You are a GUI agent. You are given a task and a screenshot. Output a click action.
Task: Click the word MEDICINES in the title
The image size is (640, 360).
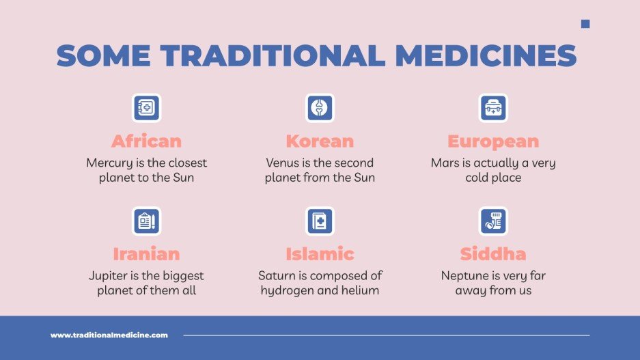[486, 56]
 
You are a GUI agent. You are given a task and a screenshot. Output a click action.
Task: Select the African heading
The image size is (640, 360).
[146, 141]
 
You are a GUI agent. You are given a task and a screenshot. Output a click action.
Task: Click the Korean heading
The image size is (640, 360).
[320, 141]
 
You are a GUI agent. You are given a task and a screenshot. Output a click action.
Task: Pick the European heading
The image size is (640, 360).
[493, 141]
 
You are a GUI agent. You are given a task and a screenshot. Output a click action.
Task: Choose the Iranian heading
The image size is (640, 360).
[146, 254]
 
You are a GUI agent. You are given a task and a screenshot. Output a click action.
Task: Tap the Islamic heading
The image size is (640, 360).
[320, 254]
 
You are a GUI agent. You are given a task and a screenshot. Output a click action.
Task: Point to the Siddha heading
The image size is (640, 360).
[493, 254]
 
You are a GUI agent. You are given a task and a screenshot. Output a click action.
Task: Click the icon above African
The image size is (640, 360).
[146, 108]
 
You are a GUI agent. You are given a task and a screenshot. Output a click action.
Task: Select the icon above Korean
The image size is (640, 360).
[320, 108]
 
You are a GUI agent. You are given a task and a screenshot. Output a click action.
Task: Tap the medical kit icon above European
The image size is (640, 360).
[493, 108]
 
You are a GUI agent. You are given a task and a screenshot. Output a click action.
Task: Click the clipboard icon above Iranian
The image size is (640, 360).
[146, 221]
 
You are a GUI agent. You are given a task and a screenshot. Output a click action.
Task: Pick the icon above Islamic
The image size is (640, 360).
[320, 221]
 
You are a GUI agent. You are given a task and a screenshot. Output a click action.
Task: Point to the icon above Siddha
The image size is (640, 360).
[493, 221]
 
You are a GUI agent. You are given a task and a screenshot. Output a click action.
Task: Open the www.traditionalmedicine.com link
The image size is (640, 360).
[109, 335]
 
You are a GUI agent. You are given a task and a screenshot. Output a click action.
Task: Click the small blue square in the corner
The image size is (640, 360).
[585, 24]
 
